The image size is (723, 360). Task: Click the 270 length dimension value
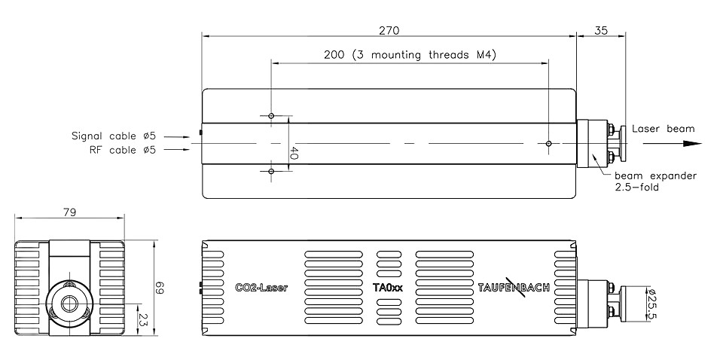[x=389, y=30]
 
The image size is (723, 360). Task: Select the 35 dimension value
[x=601, y=30]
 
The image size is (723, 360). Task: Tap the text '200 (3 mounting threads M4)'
[x=410, y=55]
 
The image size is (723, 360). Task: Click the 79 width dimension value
[x=69, y=212]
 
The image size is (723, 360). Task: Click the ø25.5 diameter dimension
[x=653, y=304]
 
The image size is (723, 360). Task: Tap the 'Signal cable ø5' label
[x=114, y=136]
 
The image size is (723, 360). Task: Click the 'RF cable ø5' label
[x=123, y=150]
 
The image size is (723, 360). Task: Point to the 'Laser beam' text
[x=663, y=129]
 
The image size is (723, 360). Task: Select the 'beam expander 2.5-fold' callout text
[x=655, y=182]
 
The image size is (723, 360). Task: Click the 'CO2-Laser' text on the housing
[x=261, y=288]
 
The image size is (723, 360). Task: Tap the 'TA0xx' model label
[x=388, y=288]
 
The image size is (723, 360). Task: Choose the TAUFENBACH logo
[x=514, y=287]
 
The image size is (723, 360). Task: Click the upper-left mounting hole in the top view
[x=271, y=115]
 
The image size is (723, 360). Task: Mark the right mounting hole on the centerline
[x=548, y=143]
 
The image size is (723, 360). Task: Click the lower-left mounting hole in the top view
[x=271, y=172]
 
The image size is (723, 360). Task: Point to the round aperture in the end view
[x=69, y=303]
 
